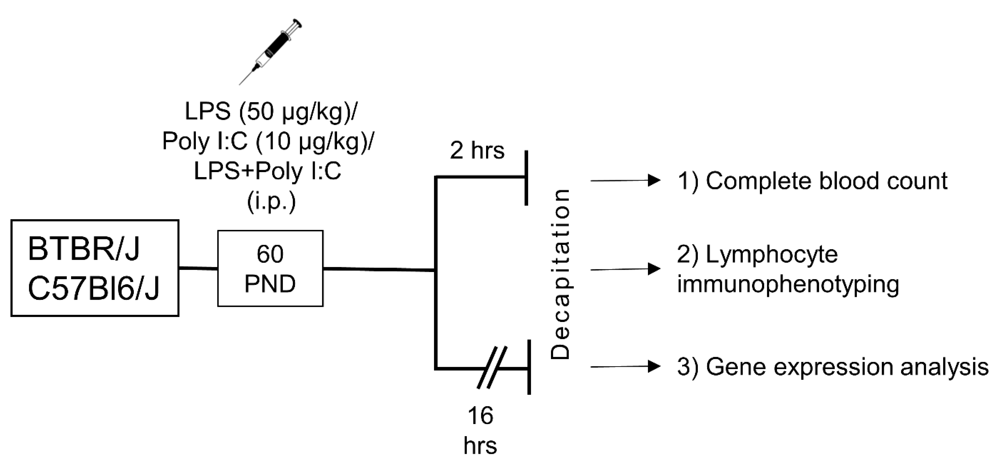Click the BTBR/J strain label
84,249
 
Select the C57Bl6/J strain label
94,289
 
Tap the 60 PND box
270,268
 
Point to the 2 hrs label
477,150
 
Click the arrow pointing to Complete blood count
625,180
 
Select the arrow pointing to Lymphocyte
625,269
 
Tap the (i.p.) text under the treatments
271,202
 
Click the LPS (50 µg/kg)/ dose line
271,112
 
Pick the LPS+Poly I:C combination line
268,171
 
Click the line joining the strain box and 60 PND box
198,268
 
